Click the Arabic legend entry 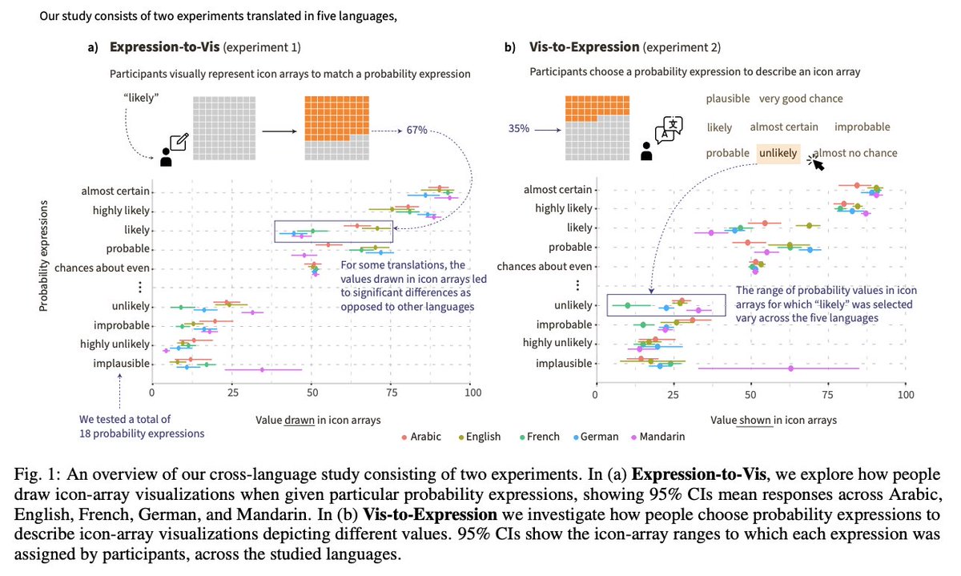click(424, 437)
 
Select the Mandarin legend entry click(658, 437)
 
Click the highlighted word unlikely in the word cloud click(778, 153)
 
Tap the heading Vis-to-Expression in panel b click(584, 47)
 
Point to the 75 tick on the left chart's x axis click(392, 393)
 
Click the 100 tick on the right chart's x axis click(905, 395)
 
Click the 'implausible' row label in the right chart click(564, 364)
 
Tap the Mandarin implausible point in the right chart click(790, 369)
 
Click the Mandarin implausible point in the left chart click(262, 369)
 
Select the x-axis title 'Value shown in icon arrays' click(773, 420)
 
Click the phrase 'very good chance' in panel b click(801, 99)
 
